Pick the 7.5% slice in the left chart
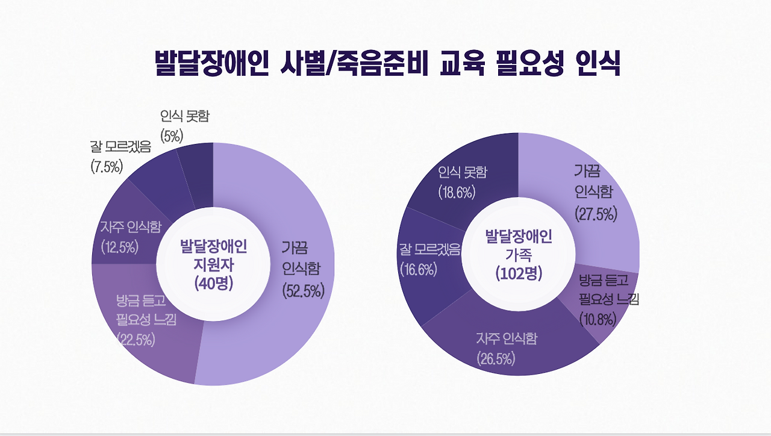(x=158, y=181)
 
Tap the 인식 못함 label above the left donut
(x=185, y=116)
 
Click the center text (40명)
(x=213, y=284)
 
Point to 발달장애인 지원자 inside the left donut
(x=213, y=255)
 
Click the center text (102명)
(x=519, y=273)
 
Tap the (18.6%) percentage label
(x=457, y=193)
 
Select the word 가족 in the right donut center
(x=519, y=254)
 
